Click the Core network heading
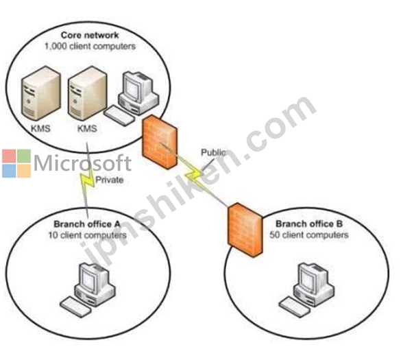(x=90, y=35)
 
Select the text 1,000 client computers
(x=90, y=47)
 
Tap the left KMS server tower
(x=41, y=93)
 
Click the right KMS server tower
(x=87, y=93)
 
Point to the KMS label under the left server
(x=40, y=128)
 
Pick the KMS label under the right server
(x=87, y=128)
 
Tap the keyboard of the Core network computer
(x=119, y=116)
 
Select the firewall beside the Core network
(x=160, y=142)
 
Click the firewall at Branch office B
(x=245, y=230)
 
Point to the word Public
(x=213, y=152)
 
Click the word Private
(x=110, y=180)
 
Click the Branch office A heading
(x=87, y=224)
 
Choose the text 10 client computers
(x=88, y=235)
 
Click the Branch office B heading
(x=309, y=224)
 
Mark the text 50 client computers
(x=309, y=235)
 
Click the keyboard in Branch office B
(x=295, y=307)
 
